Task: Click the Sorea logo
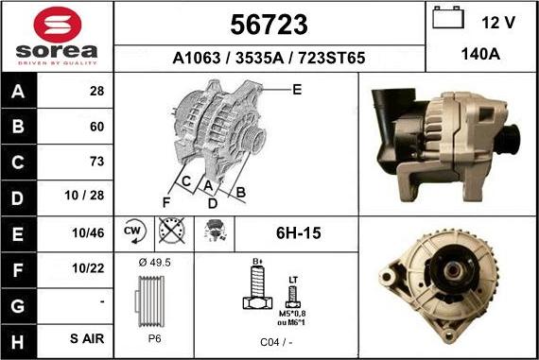[x=57, y=36]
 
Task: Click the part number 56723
[x=269, y=24]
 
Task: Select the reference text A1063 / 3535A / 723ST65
[x=269, y=58]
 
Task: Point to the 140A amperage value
[x=480, y=56]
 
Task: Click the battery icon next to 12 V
[x=448, y=20]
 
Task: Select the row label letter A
[x=19, y=92]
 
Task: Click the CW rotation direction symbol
[x=133, y=231]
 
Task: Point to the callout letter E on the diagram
[x=297, y=90]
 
